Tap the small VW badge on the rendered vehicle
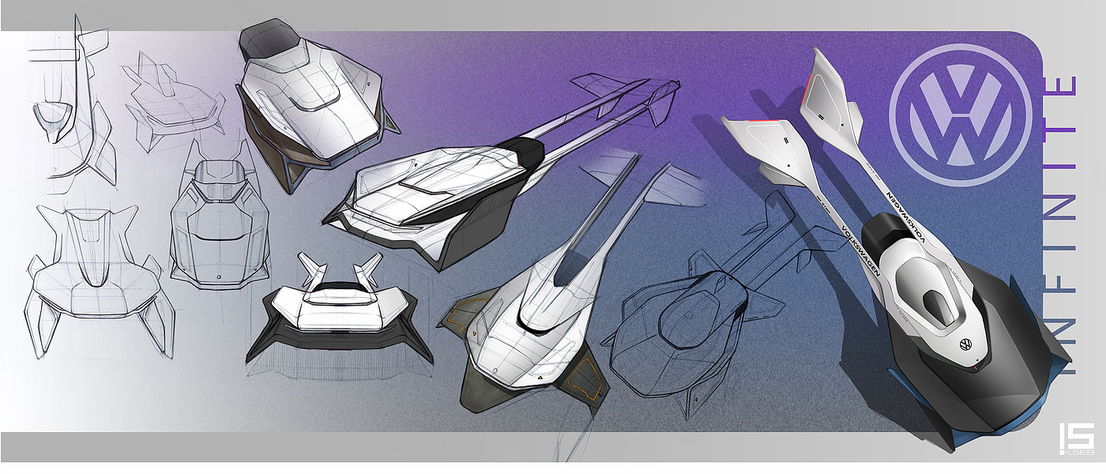[965, 344]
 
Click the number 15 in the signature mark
[1077, 436]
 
